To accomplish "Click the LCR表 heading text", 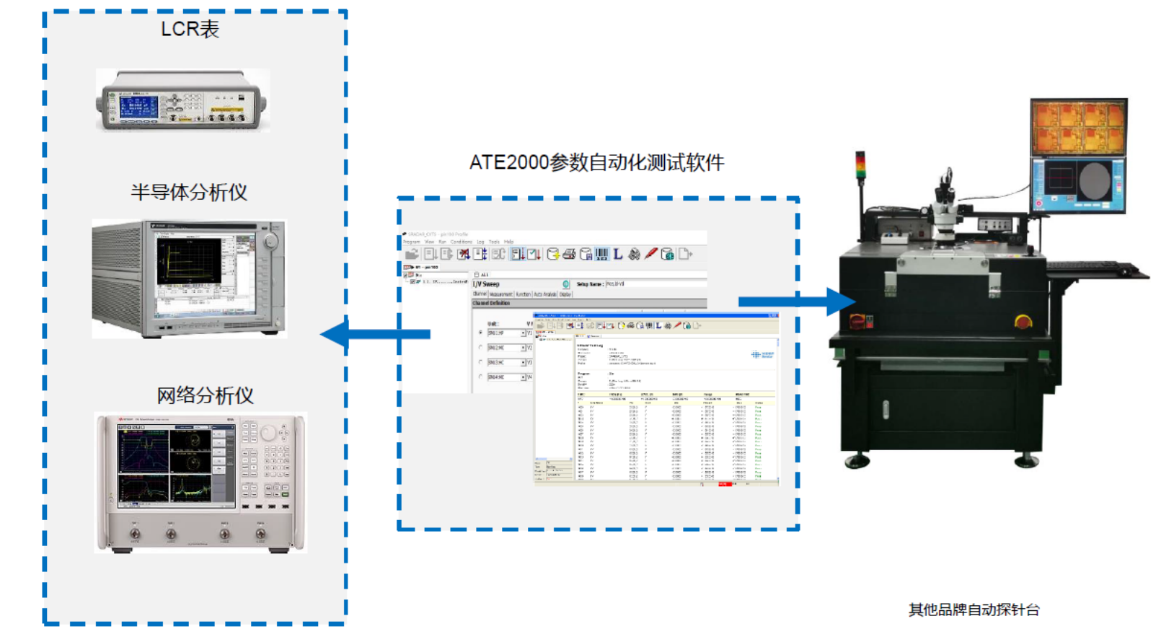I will click(x=190, y=29).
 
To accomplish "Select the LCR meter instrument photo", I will click(x=182, y=100).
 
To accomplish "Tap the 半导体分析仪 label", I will click(x=189, y=192).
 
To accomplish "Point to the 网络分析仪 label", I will click(x=206, y=395).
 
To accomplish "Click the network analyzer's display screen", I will click(x=175, y=465).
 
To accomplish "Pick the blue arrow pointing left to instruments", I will click(x=375, y=334).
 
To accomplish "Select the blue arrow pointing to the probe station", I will click(x=796, y=301).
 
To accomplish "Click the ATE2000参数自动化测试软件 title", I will click(x=596, y=162).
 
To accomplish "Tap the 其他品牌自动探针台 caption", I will click(x=974, y=610).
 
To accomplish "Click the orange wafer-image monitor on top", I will click(x=1078, y=128).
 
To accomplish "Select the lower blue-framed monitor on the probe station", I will click(x=1078, y=185).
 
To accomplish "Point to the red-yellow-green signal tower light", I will click(x=860, y=165).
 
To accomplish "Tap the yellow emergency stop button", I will click(x=1023, y=321).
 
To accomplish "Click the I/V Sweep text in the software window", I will click(x=486, y=284).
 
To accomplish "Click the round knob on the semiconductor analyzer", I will click(x=270, y=242).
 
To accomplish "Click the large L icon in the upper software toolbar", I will click(x=618, y=254).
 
